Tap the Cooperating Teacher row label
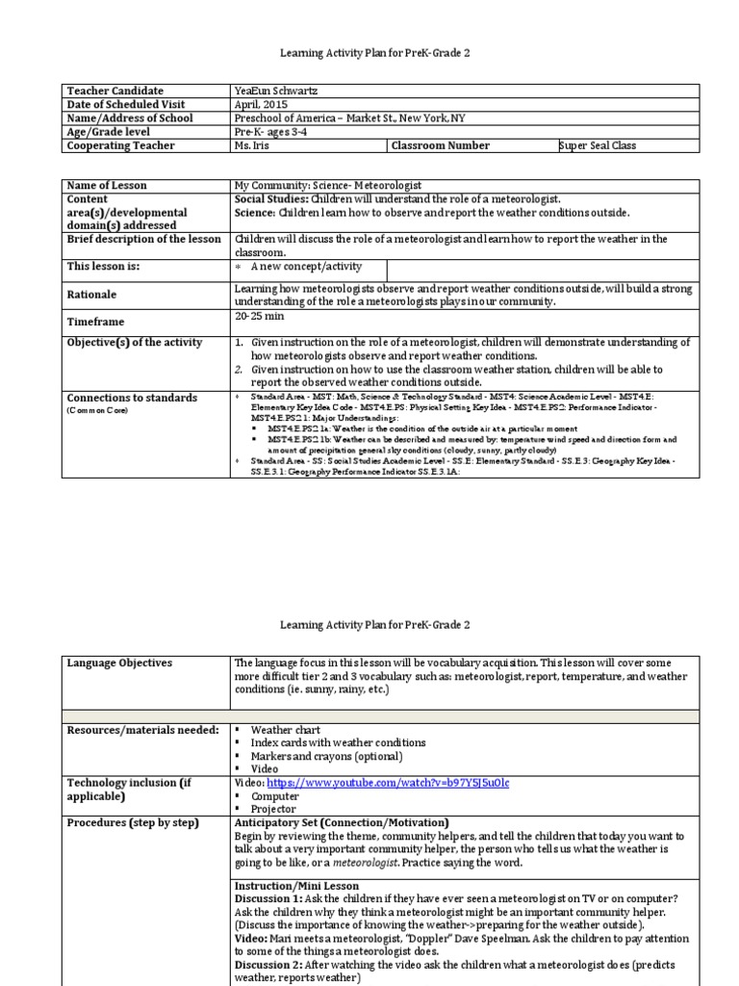pos(120,145)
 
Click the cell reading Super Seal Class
pos(598,145)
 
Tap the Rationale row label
pos(92,295)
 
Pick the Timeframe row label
pos(95,322)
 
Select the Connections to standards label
pos(131,398)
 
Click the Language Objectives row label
pos(119,663)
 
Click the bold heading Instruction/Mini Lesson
pos(296,886)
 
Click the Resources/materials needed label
pos(142,730)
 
